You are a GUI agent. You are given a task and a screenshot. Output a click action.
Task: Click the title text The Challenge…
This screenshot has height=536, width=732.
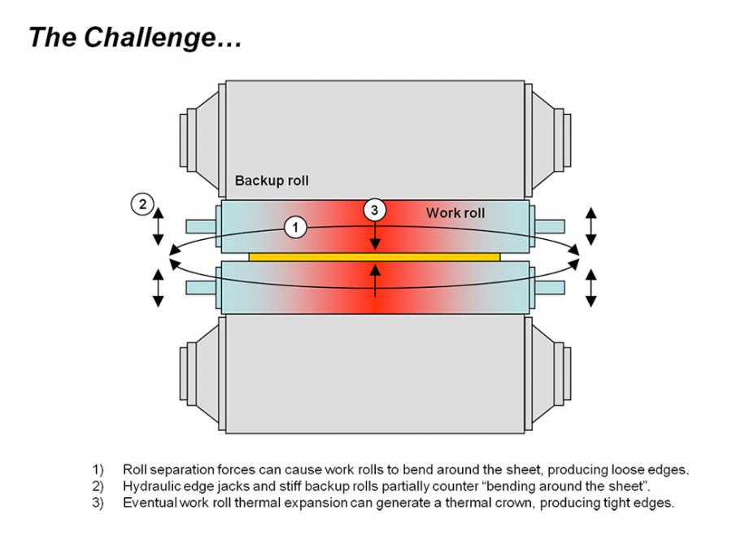coord(135,37)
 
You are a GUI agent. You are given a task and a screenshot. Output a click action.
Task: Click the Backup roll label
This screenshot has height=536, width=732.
coord(272,181)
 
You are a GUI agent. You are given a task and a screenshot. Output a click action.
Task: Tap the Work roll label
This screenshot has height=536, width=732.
coord(455,213)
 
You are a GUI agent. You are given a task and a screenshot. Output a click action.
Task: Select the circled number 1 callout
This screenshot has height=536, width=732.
coord(296,228)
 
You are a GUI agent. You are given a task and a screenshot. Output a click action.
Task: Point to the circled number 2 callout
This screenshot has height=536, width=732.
coord(142,205)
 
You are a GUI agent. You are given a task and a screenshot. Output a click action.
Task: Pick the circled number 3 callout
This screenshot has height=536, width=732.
coord(374,210)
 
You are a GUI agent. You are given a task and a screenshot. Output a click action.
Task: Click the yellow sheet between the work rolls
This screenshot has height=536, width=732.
coord(374,256)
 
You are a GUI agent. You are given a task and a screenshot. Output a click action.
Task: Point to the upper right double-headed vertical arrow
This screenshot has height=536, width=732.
coord(591,225)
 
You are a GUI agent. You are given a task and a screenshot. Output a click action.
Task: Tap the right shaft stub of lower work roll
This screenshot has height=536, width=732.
coord(549,287)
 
